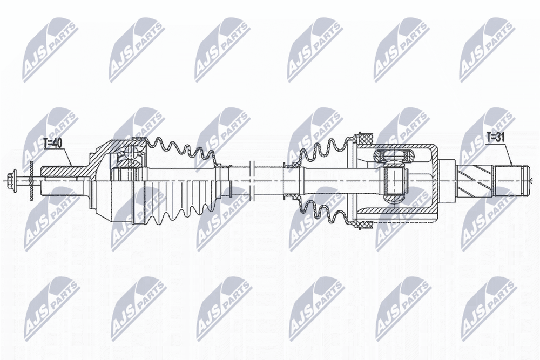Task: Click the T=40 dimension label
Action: pyautogui.click(x=53, y=143)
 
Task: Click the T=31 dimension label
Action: pyautogui.click(x=495, y=137)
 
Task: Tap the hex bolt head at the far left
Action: pyautogui.click(x=17, y=180)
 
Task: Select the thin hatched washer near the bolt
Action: pyautogui.click(x=31, y=180)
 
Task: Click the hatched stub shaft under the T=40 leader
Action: pyautogui.click(x=63, y=172)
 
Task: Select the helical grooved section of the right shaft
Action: pyautogui.click(x=476, y=180)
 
